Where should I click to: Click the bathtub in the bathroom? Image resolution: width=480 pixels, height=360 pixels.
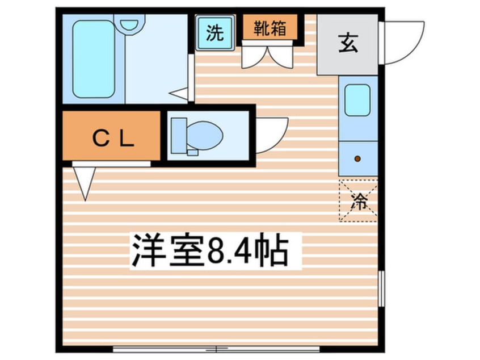coord(94,59)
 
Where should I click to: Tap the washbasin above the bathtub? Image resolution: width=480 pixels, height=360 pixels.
coord(129,24)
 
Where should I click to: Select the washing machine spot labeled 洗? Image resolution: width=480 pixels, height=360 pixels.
coord(215,32)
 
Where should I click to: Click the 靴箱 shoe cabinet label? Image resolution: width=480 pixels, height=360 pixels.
coord(270,28)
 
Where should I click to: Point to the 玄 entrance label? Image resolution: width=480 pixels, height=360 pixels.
coord(348,43)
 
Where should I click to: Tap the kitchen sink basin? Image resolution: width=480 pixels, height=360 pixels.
coord(357,100)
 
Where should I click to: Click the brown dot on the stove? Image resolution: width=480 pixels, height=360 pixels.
coord(357,158)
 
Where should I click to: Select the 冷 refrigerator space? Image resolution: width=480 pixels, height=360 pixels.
coord(358,200)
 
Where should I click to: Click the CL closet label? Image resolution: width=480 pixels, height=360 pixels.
coord(113,139)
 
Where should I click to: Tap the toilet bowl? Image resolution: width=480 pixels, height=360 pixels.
coord(204,135)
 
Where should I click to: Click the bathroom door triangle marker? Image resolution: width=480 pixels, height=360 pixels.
coord(179,94)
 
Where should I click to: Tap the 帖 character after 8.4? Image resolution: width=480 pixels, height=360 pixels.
coord(272,250)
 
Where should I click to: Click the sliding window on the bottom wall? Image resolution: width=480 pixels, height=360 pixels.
coord(216,349)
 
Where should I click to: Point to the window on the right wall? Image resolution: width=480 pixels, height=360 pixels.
coord(381,288)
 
